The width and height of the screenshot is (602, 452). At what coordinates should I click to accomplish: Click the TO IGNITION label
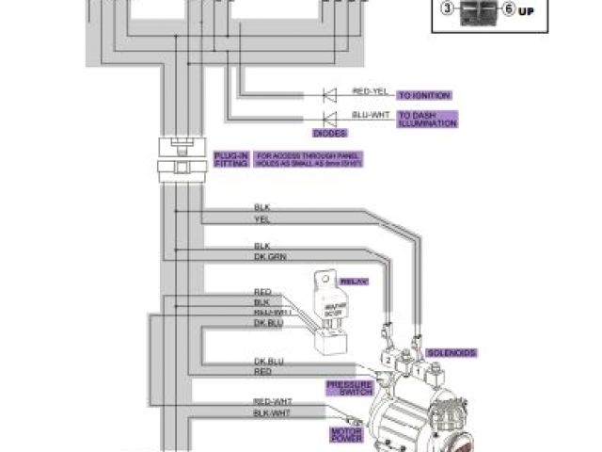point(424,95)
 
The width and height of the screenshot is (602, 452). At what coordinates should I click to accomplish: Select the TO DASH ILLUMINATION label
point(427,120)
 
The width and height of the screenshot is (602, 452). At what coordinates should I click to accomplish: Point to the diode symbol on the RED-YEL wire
point(329,95)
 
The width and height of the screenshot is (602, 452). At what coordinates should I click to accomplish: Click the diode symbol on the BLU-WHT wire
point(329,118)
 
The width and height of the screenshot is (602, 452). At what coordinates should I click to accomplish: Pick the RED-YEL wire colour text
point(370,90)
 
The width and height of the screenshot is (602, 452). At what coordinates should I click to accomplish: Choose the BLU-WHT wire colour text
point(370,113)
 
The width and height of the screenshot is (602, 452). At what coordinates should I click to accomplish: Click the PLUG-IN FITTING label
point(230,159)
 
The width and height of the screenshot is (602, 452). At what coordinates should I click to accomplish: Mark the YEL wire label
point(261,219)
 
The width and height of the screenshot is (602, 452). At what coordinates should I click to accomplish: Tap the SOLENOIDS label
point(452,352)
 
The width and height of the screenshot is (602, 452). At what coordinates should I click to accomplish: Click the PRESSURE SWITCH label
point(349,389)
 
